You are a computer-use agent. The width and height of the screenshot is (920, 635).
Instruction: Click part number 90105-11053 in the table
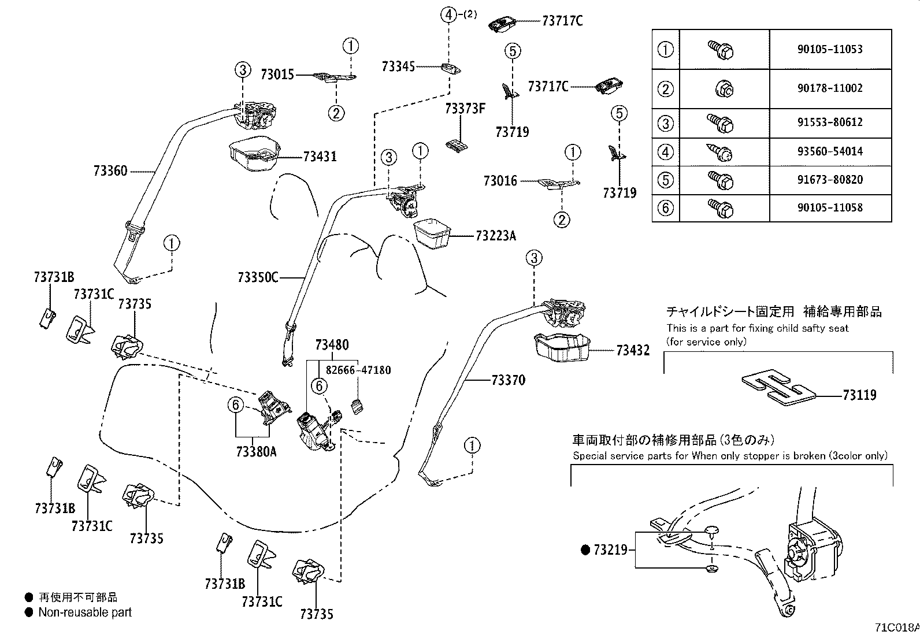click(830, 50)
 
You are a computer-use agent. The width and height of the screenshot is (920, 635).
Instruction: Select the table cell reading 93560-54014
click(830, 152)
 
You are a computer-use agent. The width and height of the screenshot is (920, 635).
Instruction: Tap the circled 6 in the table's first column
click(666, 207)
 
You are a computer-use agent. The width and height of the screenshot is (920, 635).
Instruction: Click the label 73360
click(110, 171)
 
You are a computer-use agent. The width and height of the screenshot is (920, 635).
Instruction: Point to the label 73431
click(320, 157)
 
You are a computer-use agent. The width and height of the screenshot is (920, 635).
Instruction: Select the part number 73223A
click(496, 236)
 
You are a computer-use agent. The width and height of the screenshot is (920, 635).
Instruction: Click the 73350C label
click(258, 278)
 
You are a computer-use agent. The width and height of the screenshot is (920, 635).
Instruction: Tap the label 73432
click(633, 350)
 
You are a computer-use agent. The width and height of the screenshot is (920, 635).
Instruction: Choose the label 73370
click(509, 380)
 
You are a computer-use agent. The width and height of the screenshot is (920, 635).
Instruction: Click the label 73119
click(859, 395)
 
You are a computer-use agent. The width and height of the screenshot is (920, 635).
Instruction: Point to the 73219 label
click(610, 550)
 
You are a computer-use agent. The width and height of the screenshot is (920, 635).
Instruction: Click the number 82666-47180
click(358, 370)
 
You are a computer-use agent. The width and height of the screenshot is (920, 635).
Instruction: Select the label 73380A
click(257, 452)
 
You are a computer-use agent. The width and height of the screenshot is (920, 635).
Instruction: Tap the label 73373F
click(465, 109)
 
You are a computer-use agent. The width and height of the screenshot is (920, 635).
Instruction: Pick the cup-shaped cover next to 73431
click(255, 155)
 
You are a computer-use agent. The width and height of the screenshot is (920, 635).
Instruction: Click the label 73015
click(277, 75)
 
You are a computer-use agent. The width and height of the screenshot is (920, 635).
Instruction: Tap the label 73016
click(500, 181)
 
